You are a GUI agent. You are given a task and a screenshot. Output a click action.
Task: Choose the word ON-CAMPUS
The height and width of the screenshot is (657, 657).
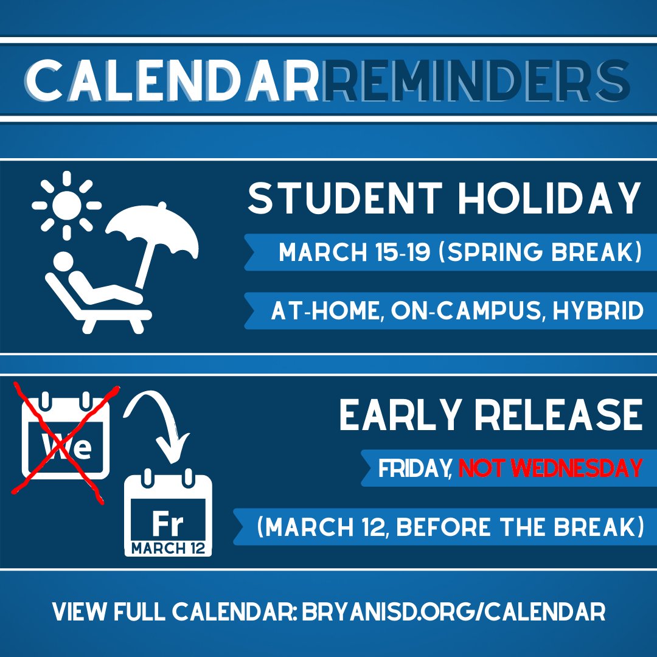[x=466, y=311]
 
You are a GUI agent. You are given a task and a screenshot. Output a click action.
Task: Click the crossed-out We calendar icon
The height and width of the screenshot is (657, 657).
[x=65, y=438]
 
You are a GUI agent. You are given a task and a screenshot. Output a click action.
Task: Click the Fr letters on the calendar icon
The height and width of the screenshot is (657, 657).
[x=167, y=523]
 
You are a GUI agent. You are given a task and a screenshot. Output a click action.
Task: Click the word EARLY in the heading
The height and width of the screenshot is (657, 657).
[x=398, y=416]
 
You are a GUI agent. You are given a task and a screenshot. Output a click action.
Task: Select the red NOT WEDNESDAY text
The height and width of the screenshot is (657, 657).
[x=551, y=468]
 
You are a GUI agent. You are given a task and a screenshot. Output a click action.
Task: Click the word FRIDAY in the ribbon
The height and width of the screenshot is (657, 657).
[x=414, y=468]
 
